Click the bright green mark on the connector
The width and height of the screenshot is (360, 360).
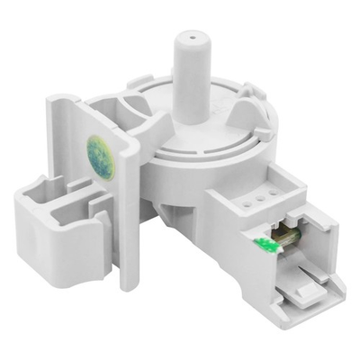[x=265, y=242]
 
